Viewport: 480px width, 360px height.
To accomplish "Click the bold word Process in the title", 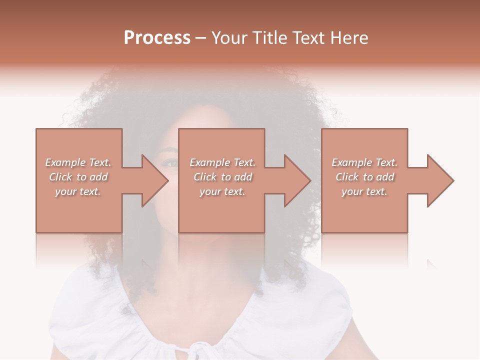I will coord(157,38).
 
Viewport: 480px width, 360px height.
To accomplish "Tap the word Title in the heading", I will coord(266,38).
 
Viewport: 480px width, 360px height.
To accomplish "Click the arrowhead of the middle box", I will coord(297,180).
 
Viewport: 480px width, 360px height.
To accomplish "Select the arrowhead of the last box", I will coord(440,180).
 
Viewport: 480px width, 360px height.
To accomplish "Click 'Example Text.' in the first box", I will coord(78,162).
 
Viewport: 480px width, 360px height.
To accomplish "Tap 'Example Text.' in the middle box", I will coord(222,162).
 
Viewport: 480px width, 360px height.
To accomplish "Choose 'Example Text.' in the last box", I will coord(364,162).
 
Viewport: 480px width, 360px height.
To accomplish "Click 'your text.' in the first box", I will coord(78,191).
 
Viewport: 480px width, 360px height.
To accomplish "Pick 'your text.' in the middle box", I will coord(222,191).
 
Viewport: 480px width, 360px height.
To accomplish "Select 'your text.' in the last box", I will coord(364,191).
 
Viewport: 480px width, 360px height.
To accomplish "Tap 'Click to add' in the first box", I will coord(78,177).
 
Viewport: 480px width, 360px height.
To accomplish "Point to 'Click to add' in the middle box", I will coord(222,177).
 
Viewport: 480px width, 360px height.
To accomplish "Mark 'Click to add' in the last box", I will coord(364,177).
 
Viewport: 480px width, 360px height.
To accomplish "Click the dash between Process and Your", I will coord(200,38).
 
